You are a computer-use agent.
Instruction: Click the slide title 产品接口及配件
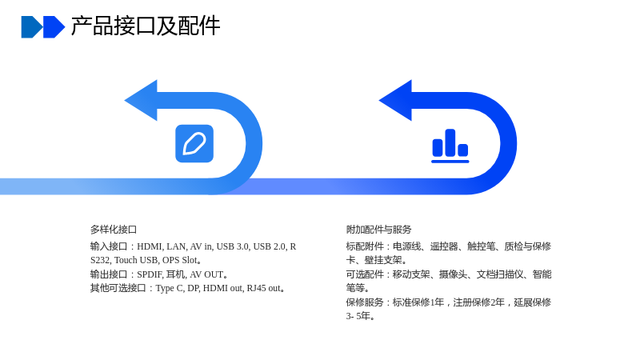146,26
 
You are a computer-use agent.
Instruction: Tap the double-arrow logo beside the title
43,27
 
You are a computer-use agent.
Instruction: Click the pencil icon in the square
194,144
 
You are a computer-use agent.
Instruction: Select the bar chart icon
450,146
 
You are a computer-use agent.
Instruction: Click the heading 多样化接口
114,230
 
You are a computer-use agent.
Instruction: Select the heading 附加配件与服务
378,230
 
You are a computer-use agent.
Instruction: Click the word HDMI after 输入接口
150,246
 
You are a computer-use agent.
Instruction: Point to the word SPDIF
149,274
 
